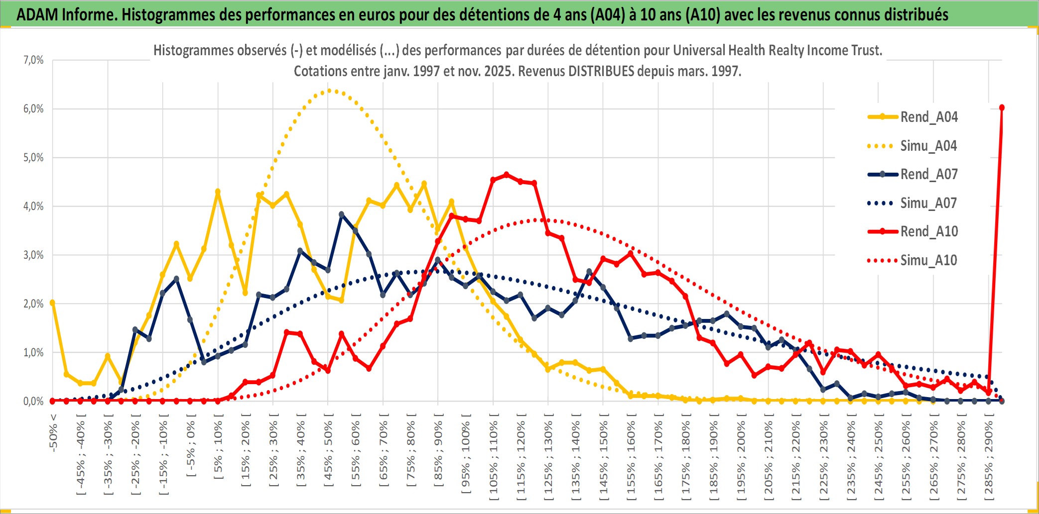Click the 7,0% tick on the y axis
33,60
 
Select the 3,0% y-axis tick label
33,255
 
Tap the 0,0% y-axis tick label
33,401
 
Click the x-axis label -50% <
53,433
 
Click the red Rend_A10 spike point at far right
1002,107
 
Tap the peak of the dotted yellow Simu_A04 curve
329,91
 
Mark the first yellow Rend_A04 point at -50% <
52,303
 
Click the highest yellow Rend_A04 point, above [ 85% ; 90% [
424,184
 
